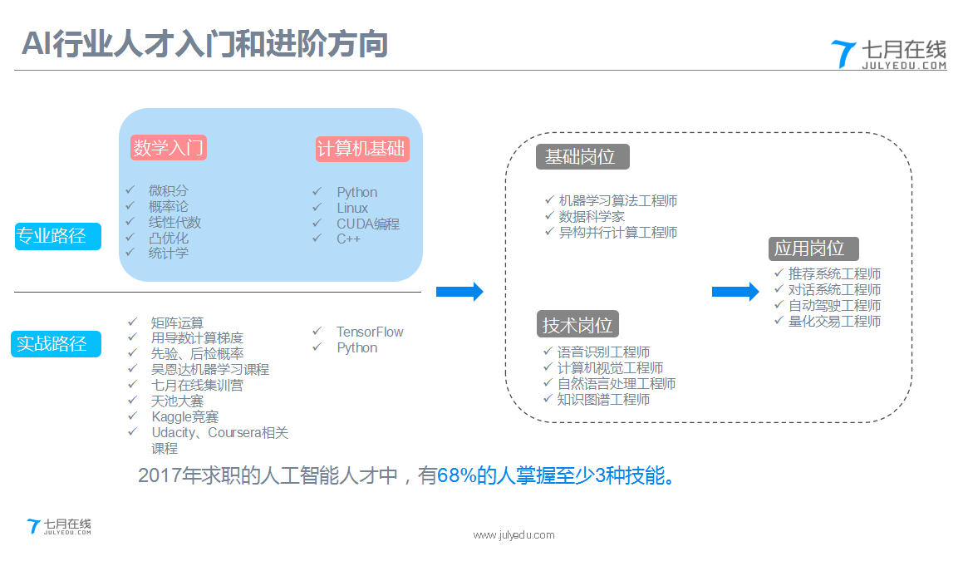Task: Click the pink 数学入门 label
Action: (168, 148)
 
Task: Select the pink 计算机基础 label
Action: (361, 149)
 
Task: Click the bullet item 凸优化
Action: (168, 238)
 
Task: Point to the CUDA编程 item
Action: (367, 224)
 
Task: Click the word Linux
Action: (351, 208)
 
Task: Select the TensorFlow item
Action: (369, 332)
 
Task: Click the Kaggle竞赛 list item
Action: (184, 416)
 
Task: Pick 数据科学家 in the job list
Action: (592, 216)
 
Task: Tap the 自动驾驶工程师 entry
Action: (834, 305)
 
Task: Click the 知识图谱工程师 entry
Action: (603, 399)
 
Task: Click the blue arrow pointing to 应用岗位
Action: (735, 291)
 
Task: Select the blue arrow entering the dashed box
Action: (459, 291)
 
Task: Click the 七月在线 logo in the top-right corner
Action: (888, 54)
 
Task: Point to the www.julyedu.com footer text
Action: (513, 535)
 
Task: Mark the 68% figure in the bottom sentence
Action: (455, 476)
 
